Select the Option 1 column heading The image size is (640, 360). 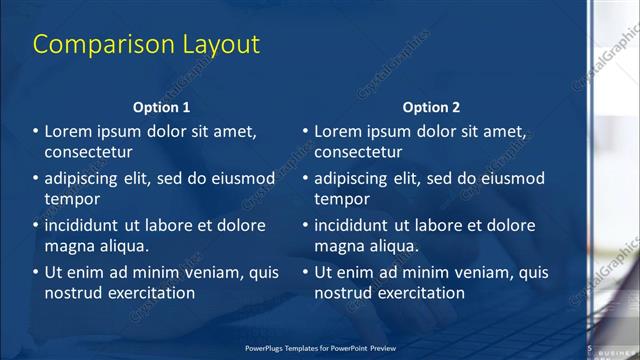click(x=161, y=107)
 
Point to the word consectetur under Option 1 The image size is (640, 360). click(x=89, y=153)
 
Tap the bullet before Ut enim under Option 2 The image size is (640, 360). click(x=305, y=272)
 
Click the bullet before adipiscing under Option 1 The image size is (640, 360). click(x=35, y=179)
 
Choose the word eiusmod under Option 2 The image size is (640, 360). click(x=510, y=179)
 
